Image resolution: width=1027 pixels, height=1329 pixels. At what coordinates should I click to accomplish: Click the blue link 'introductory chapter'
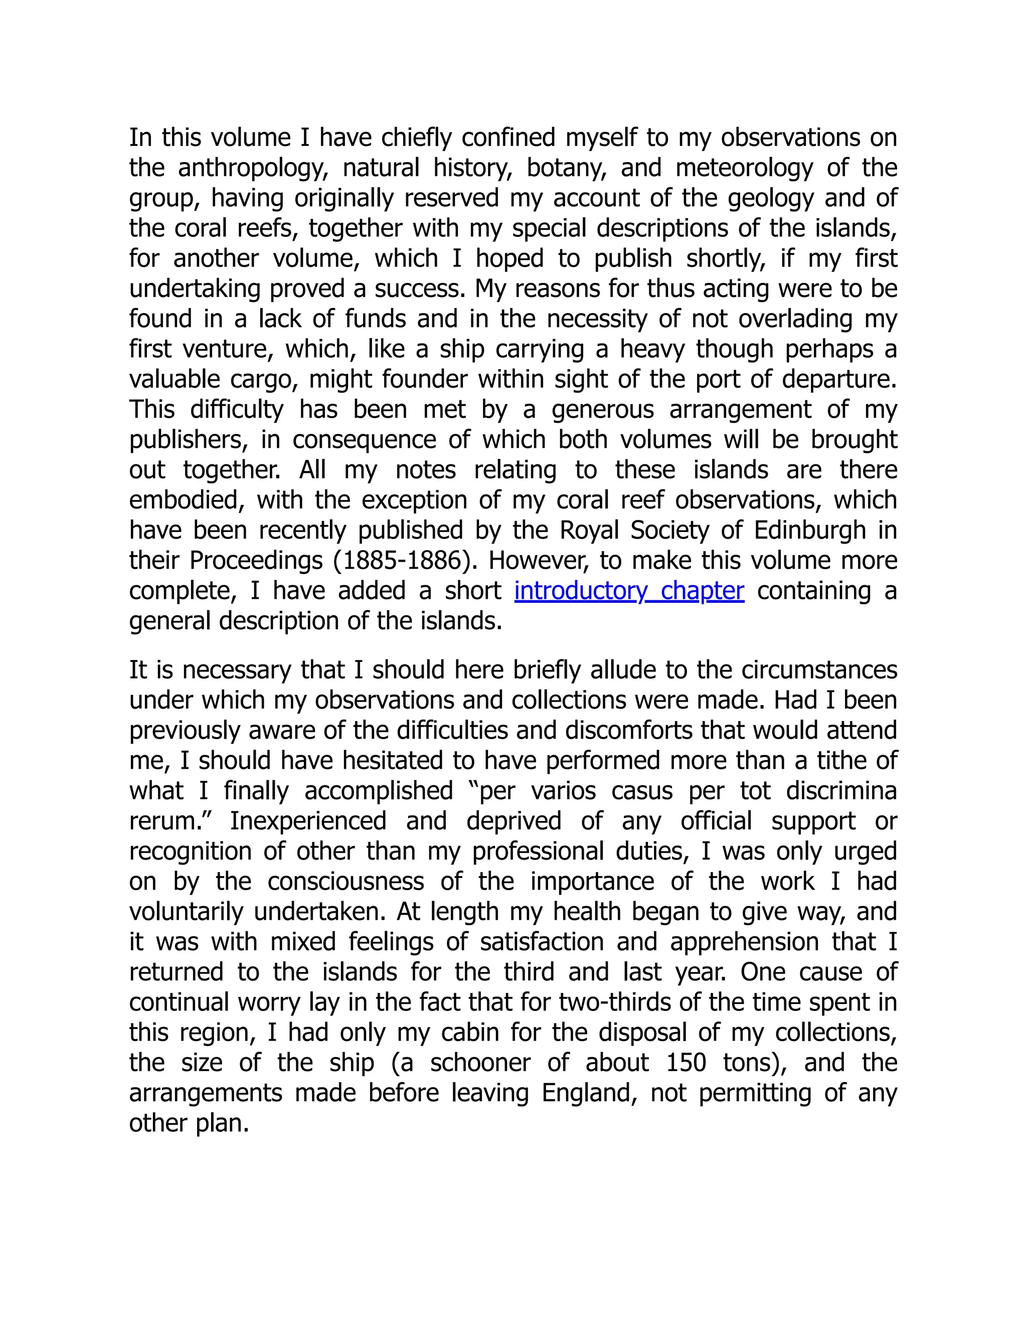tap(629, 591)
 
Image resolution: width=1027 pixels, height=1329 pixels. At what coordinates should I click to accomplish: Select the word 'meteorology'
tap(744, 168)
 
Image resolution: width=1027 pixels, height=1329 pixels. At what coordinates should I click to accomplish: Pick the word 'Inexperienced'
tap(308, 821)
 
